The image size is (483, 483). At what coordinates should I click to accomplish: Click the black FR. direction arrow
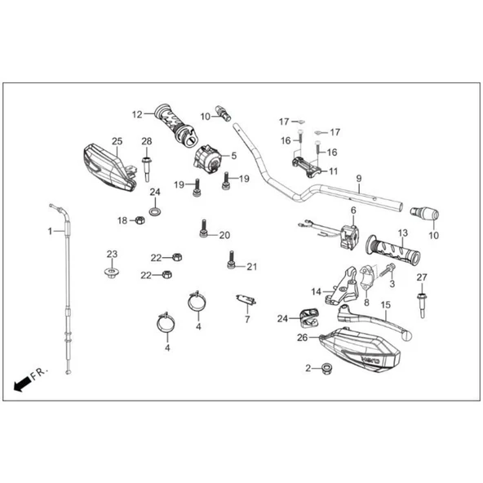22,383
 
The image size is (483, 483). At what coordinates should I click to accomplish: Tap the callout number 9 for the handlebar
359,179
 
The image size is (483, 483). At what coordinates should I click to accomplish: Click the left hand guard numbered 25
109,168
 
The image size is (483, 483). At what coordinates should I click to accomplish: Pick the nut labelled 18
140,220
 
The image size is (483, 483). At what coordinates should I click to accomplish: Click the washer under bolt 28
155,211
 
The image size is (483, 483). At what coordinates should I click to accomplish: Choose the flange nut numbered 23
112,273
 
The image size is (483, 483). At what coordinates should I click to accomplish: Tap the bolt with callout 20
204,228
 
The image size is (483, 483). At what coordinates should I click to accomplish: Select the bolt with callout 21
232,259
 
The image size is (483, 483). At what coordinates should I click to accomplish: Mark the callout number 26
303,338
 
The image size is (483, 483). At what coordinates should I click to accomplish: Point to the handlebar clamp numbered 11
307,167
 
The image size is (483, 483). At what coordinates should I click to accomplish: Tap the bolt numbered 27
422,305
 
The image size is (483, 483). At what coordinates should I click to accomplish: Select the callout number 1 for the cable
50,231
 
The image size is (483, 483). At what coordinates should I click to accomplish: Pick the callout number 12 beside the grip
137,114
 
